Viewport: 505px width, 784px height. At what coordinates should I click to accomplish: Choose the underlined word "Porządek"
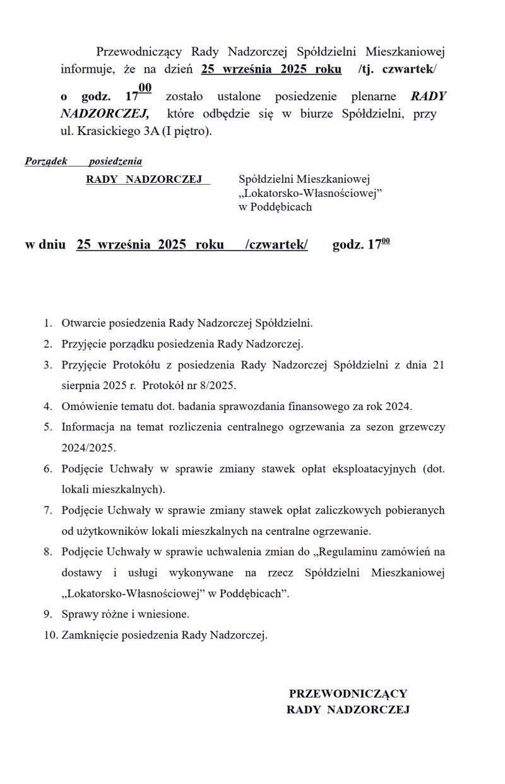point(46,161)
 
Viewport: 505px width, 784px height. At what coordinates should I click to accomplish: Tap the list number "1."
point(48,323)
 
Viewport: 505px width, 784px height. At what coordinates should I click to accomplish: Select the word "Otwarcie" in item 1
point(84,323)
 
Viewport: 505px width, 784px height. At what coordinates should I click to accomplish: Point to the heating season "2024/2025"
point(89,447)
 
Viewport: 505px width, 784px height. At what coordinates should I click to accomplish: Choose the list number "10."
point(50,635)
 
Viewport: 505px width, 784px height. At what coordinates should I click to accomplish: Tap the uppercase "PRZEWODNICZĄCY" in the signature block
point(348,693)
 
